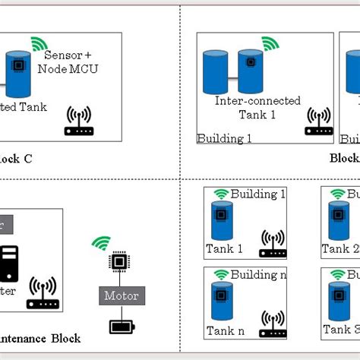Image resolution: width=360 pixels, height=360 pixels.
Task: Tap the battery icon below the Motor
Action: [120, 327]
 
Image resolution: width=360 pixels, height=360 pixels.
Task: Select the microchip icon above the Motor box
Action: [119, 263]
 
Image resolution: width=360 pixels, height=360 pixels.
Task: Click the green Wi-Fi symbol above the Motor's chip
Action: [100, 243]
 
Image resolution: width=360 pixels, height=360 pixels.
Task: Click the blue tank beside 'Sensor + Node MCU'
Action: [17, 72]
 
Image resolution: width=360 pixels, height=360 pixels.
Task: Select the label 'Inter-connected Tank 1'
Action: [257, 107]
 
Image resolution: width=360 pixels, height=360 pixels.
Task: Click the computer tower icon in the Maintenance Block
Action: [9, 266]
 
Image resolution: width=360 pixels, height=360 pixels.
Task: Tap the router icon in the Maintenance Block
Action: [43, 294]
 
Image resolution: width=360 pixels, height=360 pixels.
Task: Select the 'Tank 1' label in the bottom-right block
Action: [224, 248]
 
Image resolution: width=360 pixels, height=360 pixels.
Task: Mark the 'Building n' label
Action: [258, 274]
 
